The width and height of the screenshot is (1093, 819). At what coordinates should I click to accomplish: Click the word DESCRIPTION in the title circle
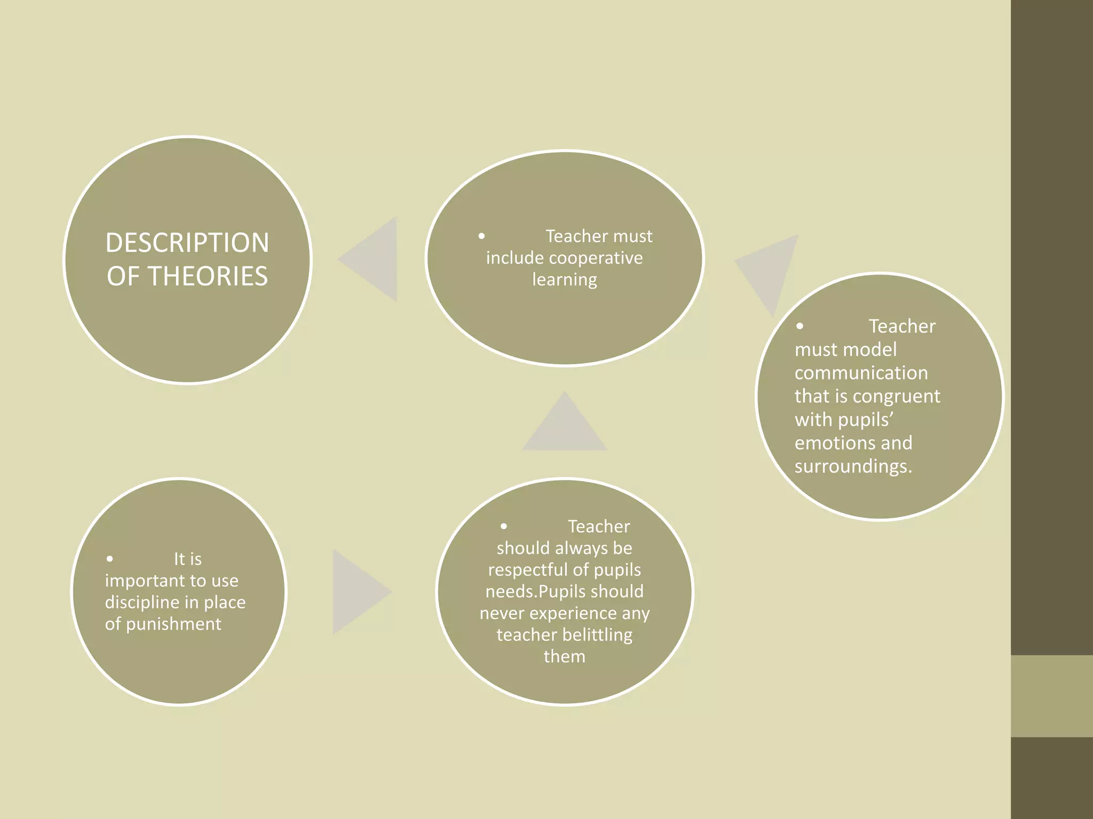coord(187,243)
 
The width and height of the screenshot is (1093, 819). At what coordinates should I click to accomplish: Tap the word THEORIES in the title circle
coord(208,276)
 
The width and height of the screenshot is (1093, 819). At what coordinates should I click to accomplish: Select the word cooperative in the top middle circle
coord(596,258)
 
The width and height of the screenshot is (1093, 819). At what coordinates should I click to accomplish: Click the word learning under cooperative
coord(565,279)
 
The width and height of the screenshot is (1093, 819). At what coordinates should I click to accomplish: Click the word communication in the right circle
coord(861,373)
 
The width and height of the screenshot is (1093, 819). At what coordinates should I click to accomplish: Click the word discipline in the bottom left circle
coord(141,603)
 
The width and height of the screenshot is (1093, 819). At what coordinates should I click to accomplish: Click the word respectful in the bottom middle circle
coord(525,570)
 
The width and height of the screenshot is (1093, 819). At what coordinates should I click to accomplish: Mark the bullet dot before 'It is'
coord(109,559)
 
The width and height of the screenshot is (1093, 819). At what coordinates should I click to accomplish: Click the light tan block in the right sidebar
coord(1051,696)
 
